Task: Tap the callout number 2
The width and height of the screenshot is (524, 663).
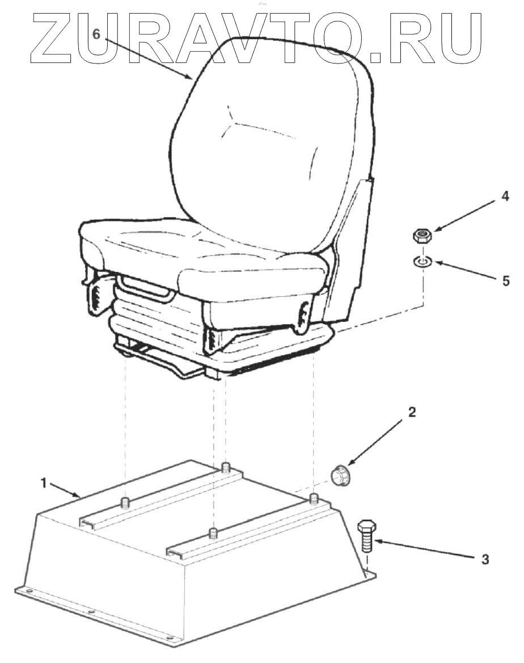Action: point(412,412)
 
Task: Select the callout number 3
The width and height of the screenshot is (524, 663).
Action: point(485,559)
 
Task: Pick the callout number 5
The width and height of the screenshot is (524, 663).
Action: point(506,280)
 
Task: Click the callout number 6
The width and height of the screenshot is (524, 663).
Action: point(96,35)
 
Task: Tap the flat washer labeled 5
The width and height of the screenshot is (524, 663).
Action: point(421,262)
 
